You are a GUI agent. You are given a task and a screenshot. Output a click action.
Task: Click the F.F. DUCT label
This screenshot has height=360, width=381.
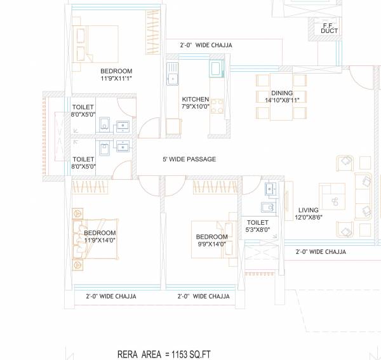click(x=329, y=27)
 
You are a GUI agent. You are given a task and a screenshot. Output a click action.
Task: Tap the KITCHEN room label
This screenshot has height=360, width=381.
click(x=195, y=100)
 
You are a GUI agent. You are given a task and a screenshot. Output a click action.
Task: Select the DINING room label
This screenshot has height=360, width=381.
click(x=281, y=93)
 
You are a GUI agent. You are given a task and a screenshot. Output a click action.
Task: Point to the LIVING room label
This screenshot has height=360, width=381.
click(x=309, y=210)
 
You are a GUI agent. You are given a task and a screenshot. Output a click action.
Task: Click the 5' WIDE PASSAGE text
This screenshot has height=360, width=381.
click(x=189, y=159)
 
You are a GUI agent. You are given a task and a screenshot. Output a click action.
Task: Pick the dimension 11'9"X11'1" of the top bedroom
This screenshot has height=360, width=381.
click(x=116, y=79)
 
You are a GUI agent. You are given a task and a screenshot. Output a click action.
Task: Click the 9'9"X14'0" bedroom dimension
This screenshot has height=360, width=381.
click(x=211, y=244)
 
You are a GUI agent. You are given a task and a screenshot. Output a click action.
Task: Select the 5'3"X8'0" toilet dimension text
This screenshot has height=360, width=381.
click(x=258, y=230)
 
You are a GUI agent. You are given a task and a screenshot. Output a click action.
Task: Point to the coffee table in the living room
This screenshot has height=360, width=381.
click(x=333, y=201)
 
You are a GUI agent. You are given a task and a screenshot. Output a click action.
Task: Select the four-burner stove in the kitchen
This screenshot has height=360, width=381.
click(x=217, y=105)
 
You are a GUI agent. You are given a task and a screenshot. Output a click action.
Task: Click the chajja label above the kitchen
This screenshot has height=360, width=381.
click(x=206, y=46)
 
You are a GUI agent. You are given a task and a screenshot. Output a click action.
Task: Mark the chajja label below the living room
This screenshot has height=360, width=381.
click(x=321, y=251)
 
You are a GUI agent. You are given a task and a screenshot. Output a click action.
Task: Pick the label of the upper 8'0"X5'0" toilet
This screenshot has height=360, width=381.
click(x=83, y=107)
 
